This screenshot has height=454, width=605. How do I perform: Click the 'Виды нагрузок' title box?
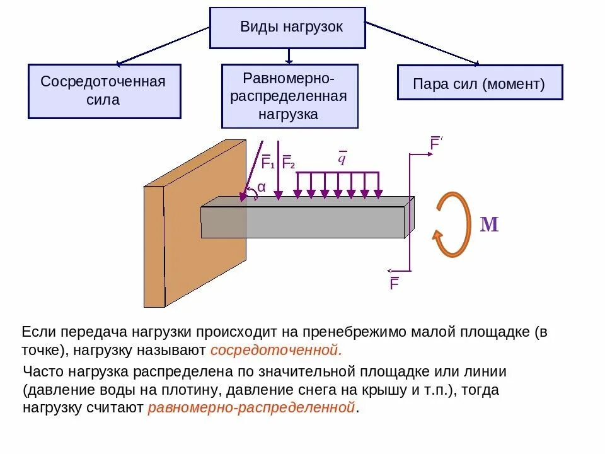click(x=287, y=28)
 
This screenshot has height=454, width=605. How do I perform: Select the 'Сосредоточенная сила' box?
click(x=104, y=91)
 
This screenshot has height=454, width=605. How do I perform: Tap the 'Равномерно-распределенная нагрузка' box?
click(x=289, y=96)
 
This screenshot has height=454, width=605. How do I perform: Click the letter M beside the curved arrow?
click(x=490, y=225)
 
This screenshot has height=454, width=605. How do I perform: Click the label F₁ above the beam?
click(x=267, y=163)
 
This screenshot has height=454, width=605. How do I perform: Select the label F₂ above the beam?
click(x=288, y=163)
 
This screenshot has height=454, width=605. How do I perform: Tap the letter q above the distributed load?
click(x=342, y=158)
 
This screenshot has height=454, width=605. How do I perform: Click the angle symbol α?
click(x=262, y=187)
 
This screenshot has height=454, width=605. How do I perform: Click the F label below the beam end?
click(x=395, y=284)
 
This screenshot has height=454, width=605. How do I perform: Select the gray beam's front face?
click(x=302, y=222)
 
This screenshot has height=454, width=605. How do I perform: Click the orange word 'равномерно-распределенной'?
click(x=251, y=407)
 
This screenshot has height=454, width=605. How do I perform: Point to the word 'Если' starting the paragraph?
click(x=40, y=332)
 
